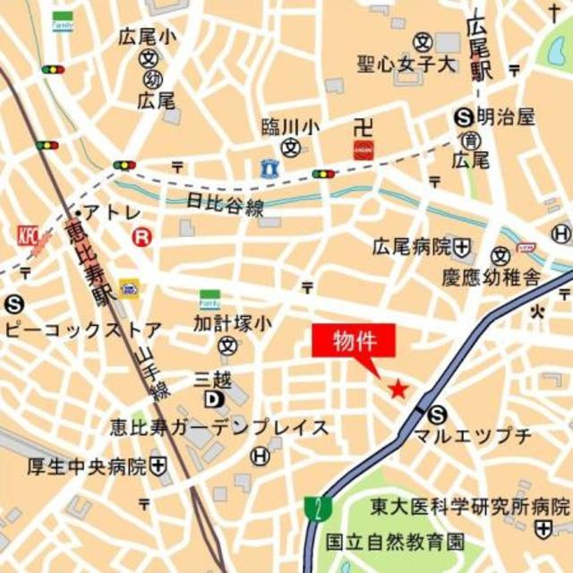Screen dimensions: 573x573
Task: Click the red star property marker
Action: click(x=398, y=389)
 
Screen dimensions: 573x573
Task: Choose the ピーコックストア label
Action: click(x=83, y=329)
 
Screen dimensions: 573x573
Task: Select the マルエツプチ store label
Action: click(x=473, y=436)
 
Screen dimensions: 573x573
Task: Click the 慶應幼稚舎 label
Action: click(x=491, y=278)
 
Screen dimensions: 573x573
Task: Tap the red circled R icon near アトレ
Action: click(x=141, y=237)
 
